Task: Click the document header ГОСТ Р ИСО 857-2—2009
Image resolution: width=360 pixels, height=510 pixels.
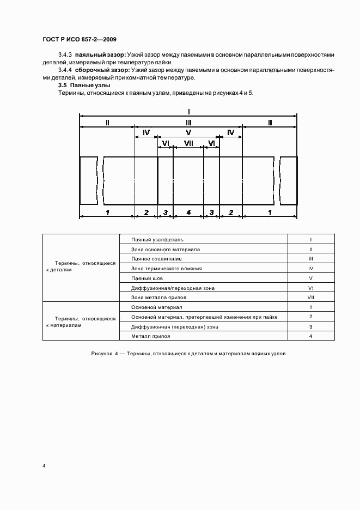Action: pos(79,40)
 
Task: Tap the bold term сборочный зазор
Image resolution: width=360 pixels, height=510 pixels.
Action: pos(101,70)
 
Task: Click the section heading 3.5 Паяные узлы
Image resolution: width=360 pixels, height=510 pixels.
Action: pos(84,86)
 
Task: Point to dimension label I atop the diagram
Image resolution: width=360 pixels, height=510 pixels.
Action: pos(188,110)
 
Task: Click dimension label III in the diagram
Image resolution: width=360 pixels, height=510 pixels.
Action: pos(188,123)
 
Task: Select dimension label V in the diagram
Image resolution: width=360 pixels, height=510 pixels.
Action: pos(188,132)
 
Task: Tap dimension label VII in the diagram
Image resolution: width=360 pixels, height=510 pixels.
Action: pos(188,143)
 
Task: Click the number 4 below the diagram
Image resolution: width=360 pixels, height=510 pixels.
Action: pos(188,212)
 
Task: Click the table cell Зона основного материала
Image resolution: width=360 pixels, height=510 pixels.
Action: pos(166,250)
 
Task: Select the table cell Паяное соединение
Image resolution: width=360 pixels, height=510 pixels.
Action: pos(156,259)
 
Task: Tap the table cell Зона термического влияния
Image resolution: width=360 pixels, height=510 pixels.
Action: pos(167,269)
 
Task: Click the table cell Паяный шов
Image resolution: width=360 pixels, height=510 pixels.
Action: pos(147,278)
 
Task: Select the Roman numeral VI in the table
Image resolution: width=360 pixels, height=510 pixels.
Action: pos(310,288)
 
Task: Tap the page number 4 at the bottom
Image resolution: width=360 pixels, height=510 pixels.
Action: pos(44,466)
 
